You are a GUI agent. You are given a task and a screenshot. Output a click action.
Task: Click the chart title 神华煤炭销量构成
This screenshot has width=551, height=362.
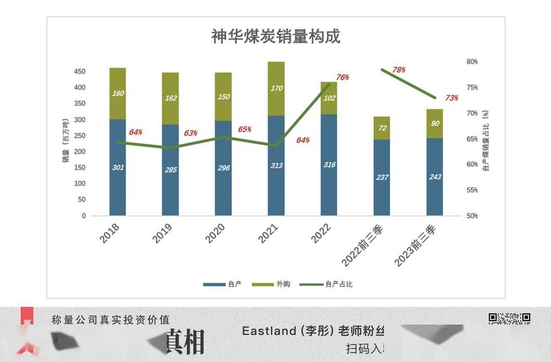tap(275, 36)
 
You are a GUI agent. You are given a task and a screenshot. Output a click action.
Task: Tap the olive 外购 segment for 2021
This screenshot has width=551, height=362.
tap(276, 88)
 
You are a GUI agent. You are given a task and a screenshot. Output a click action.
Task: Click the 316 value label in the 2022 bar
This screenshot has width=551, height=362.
tap(329, 165)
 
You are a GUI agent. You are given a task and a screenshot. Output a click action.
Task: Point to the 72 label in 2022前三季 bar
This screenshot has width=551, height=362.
tap(382, 128)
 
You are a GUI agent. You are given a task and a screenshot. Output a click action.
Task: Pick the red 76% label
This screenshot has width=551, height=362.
tap(343, 77)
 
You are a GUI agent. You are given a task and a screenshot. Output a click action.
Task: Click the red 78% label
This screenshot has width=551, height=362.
tap(399, 70)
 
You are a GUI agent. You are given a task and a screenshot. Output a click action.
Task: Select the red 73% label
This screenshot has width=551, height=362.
tap(452, 98)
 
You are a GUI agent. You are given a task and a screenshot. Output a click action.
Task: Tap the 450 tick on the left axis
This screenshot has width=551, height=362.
tap(80, 72)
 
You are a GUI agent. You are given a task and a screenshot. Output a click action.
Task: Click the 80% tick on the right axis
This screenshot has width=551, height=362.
tap(472, 62)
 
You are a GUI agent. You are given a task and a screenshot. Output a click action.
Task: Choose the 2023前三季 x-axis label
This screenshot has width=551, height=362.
tap(417, 246)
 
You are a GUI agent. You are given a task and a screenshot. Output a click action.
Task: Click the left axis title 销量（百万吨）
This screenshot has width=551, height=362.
tap(66, 141)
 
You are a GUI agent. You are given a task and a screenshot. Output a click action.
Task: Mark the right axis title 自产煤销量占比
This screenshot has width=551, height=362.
tap(485, 141)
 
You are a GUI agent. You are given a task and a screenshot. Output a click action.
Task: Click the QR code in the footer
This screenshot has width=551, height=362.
tap(510, 318)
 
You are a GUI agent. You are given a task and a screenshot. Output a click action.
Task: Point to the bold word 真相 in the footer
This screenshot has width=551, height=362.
tap(185, 342)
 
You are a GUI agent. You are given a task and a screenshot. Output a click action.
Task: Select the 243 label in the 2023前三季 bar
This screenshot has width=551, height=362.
tap(435, 177)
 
